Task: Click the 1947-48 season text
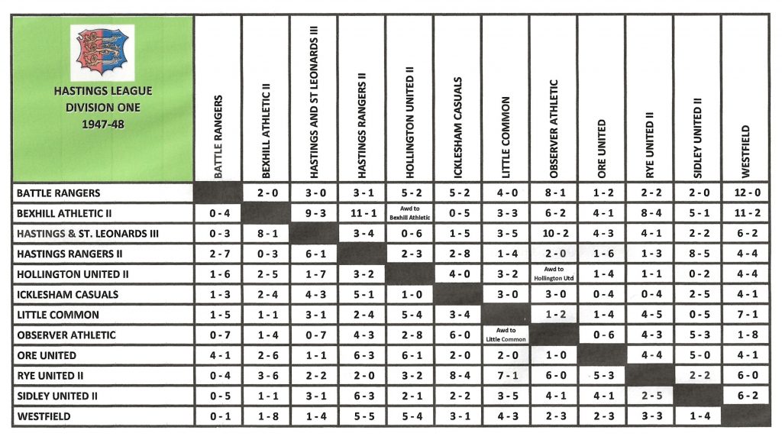(102, 123)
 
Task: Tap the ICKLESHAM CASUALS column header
(457, 127)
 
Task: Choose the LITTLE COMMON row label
(58, 315)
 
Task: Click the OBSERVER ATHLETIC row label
(66, 335)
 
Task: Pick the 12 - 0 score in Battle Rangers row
(745, 193)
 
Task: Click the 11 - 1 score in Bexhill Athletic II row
(361, 214)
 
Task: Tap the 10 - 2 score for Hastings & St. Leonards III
(553, 234)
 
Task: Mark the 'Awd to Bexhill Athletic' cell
(409, 214)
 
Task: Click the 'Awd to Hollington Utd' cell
(553, 274)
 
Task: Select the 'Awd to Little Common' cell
(505, 335)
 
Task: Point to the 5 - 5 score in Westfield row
(361, 416)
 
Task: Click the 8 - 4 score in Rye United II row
(457, 376)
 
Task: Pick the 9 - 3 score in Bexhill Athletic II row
(313, 214)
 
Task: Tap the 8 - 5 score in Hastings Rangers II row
(696, 254)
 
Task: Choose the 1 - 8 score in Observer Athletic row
(745, 335)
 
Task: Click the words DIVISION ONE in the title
(102, 107)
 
